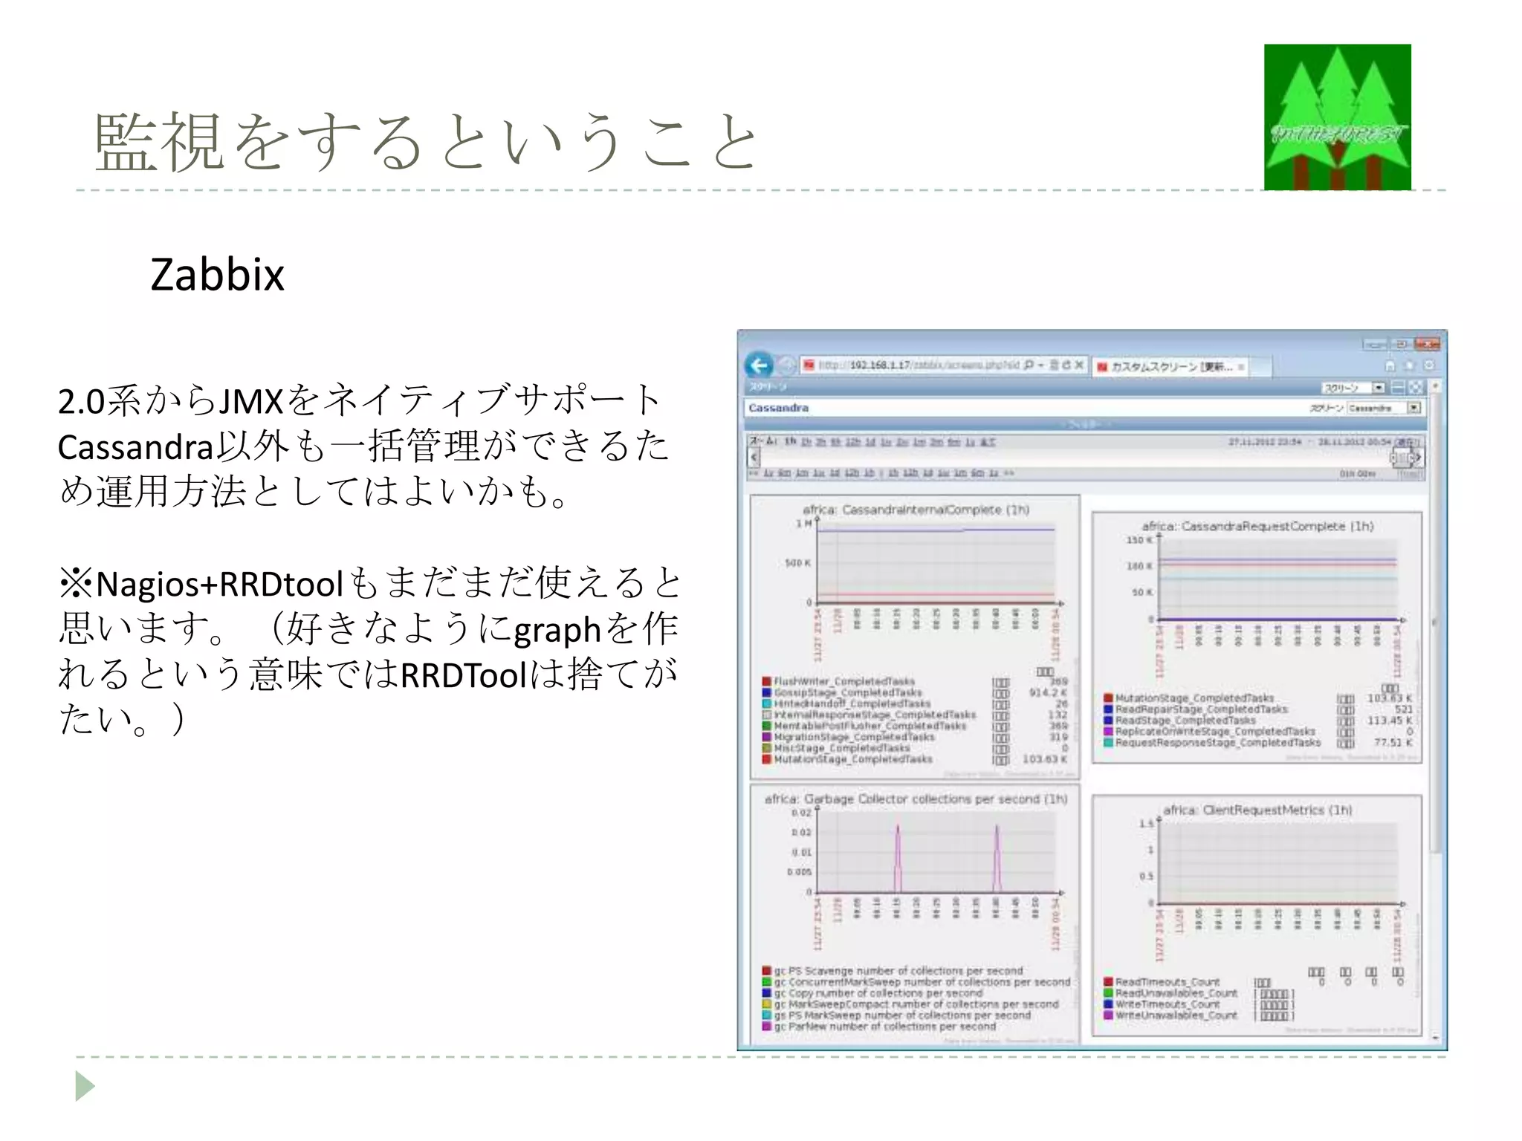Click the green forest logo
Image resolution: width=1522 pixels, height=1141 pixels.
[x=1337, y=117]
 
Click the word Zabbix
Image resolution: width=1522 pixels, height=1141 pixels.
[x=217, y=275]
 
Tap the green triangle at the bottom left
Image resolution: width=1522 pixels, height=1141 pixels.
[x=85, y=1086]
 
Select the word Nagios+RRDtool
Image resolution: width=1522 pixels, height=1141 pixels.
[x=220, y=585]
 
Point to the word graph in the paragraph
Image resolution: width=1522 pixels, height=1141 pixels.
[x=557, y=631]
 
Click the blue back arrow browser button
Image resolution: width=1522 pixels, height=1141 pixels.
[x=759, y=365]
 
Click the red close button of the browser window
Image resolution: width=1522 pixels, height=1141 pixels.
[x=1427, y=344]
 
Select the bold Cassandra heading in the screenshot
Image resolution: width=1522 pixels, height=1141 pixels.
[x=778, y=408]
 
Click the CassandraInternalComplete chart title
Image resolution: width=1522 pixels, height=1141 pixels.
[x=916, y=510]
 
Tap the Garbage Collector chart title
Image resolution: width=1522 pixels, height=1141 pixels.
[x=916, y=799]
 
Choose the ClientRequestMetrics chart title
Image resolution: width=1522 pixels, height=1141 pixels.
[x=1257, y=810]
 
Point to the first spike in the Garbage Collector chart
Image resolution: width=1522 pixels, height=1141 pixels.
[x=898, y=847]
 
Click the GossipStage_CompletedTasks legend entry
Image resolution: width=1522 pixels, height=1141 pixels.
[x=847, y=692]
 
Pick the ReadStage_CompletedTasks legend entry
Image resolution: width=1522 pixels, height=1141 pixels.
[x=1185, y=721]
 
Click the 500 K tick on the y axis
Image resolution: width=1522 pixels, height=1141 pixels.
[x=797, y=563]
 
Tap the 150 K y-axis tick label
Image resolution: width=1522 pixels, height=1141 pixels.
[x=1139, y=540]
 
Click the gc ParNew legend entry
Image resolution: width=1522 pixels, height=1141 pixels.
[x=884, y=1027]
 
